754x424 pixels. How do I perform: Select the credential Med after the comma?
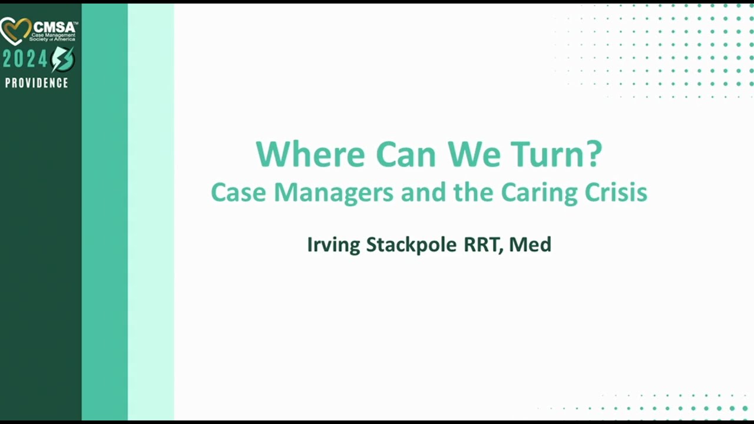pyautogui.click(x=530, y=244)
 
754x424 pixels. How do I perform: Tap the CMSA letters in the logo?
pyautogui.click(x=55, y=26)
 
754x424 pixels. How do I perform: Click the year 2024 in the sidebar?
pyautogui.click(x=25, y=59)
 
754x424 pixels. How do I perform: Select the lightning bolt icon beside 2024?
pyautogui.click(x=62, y=59)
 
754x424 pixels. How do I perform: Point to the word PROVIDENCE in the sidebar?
pyautogui.click(x=37, y=83)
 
